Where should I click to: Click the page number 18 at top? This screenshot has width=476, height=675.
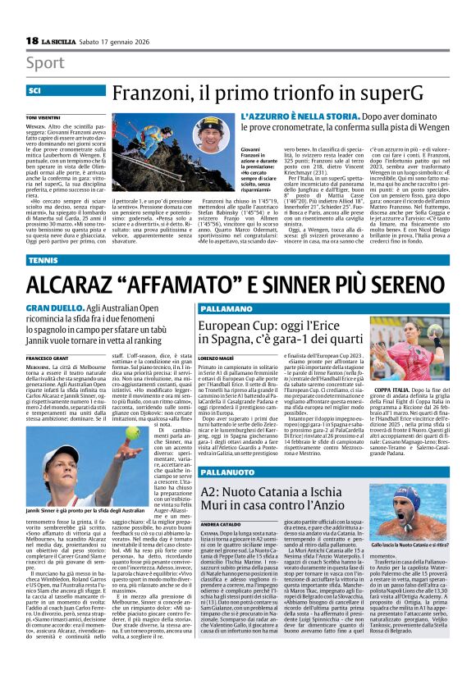tap(31, 40)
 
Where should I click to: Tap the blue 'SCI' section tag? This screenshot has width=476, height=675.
tap(35, 91)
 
